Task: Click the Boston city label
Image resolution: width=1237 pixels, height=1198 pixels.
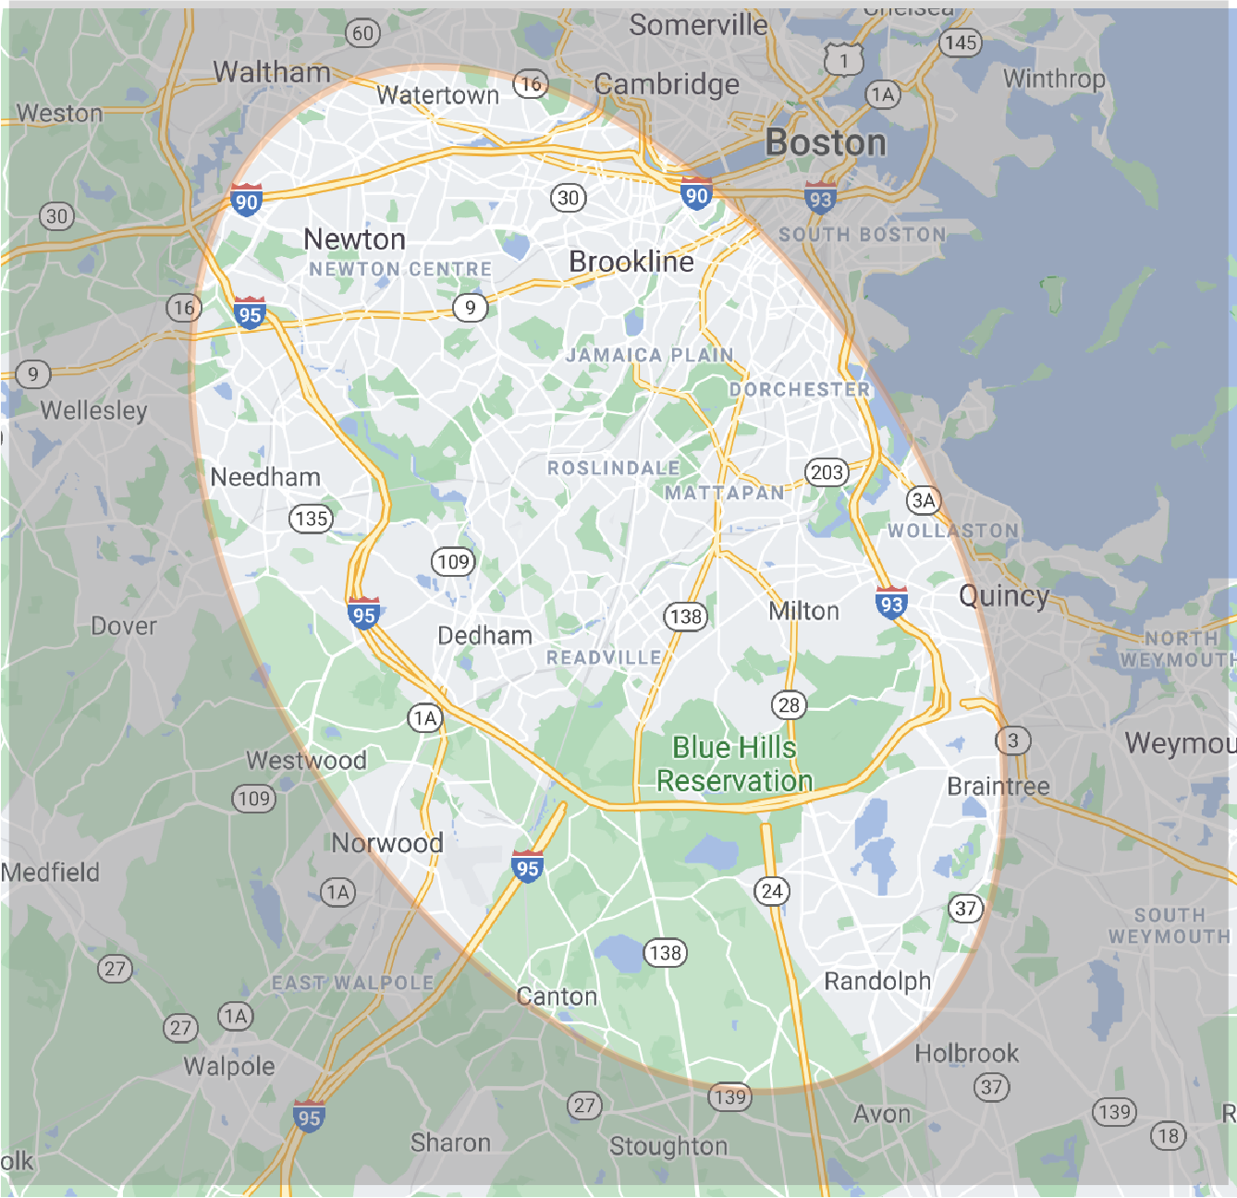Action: pos(826,143)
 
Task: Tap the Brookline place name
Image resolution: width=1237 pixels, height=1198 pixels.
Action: pos(631,263)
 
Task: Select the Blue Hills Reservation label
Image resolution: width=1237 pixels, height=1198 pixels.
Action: pos(735,764)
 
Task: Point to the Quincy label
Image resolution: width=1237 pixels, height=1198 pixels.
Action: pos(1004,596)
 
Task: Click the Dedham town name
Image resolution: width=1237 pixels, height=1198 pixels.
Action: pos(484,636)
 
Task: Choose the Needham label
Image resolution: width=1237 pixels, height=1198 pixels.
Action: pos(265,477)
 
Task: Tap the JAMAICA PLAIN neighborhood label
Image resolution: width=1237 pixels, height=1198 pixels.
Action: pos(650,355)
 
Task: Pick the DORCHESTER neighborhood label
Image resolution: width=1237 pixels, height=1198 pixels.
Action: pos(800,390)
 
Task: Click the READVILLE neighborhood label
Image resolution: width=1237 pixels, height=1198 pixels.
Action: pos(604,657)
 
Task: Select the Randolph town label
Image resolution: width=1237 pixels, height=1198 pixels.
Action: pos(877,981)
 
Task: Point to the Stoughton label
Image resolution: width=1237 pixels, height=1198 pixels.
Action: pos(668,1147)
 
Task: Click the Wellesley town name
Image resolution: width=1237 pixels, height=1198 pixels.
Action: pos(93,410)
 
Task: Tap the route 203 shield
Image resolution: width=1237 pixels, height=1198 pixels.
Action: pos(827,472)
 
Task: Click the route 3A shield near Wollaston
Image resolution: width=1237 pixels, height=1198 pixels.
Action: pos(924,500)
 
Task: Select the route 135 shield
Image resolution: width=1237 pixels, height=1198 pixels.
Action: pos(311,519)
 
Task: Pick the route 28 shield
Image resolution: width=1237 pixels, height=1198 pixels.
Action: pos(789,705)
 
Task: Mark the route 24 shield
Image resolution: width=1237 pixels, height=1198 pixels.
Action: pos(772,891)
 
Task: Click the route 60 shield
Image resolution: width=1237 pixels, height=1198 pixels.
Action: pos(362,34)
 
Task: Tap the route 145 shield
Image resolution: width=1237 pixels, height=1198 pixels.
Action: pos(961,43)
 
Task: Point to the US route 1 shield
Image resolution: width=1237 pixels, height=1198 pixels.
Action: pos(843,61)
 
